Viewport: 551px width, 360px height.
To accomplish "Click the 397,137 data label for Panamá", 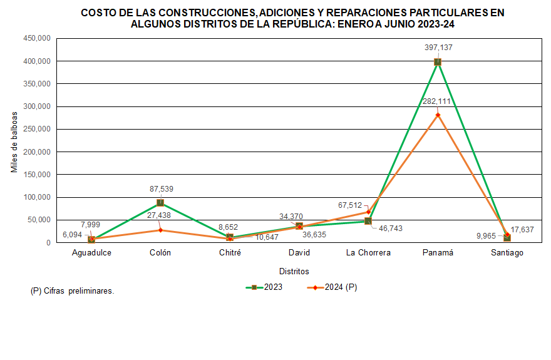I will pos(437,47).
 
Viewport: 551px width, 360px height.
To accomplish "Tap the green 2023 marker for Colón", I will pos(160,203).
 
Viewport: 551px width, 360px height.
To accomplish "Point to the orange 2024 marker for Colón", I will pos(160,230).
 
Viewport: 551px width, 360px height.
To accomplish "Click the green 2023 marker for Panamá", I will pos(438,62).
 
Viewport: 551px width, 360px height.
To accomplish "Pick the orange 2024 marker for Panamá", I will pos(438,115).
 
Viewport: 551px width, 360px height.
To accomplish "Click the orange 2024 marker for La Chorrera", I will pos(368,212).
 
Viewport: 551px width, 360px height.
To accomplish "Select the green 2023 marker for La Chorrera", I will pos(368,221).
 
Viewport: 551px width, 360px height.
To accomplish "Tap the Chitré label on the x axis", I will pos(230,253).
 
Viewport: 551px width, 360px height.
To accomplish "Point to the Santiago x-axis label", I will pos(507,253).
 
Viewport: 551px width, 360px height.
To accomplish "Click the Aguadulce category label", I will pos(91,253).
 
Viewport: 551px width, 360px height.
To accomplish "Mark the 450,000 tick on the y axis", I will pos(36,38).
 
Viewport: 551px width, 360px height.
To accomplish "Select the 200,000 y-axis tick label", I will pos(36,152).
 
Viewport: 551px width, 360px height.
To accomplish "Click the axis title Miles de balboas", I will pos(14,140).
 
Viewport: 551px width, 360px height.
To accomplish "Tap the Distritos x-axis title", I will pos(294,272).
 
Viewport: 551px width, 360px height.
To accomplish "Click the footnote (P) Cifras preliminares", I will pos(72,291).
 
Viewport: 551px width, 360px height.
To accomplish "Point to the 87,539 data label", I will pos(160,190).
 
